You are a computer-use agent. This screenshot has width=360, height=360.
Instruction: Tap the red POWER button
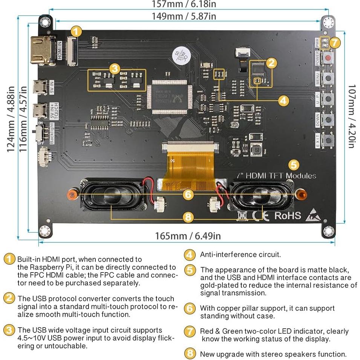tap(329, 58)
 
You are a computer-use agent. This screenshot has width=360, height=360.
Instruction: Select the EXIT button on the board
tap(329, 141)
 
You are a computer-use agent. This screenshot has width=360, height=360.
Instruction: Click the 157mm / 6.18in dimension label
tap(184, 4)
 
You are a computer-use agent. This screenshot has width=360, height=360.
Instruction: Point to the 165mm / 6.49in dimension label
tap(188, 236)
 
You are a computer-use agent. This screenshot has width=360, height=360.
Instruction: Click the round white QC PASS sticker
tap(179, 55)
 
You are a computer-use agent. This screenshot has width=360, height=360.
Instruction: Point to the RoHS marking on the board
tap(287, 215)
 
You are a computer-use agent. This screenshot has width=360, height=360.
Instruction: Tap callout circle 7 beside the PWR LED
tap(335, 43)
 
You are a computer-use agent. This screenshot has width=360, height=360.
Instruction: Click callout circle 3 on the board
tap(115, 69)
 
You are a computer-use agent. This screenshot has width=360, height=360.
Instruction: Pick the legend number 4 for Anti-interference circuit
tap(190, 255)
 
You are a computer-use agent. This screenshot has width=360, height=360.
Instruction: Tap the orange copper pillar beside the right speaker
tap(300, 195)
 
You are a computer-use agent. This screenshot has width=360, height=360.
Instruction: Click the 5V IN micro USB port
tap(38, 87)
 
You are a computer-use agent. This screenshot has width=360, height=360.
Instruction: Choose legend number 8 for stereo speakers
tap(190, 354)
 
